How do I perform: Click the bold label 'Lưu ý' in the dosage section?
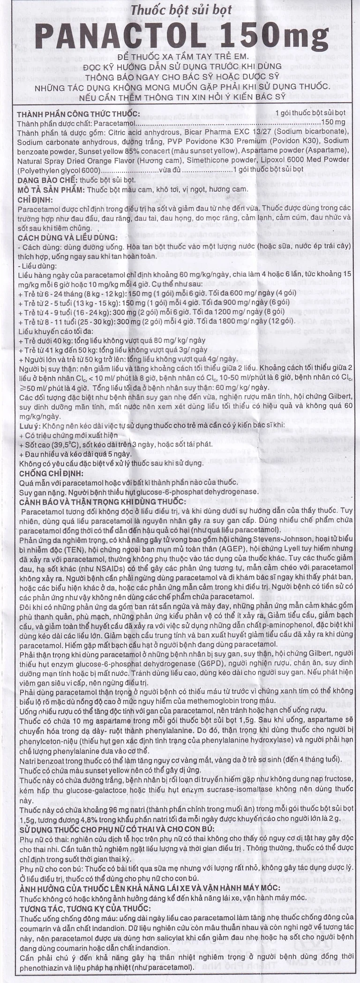28,426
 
